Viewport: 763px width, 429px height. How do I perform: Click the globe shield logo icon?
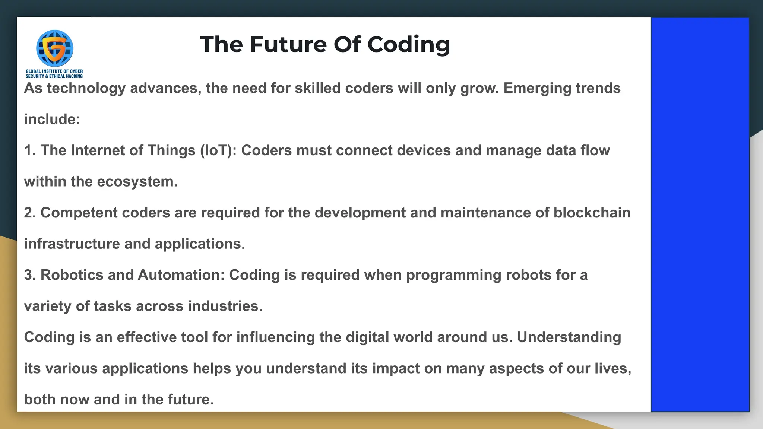coord(54,48)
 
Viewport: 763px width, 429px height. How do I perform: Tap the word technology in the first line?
coord(86,89)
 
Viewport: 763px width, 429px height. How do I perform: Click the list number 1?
coord(29,150)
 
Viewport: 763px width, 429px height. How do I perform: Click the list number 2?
coord(29,213)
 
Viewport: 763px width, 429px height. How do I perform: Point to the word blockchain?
coord(592,213)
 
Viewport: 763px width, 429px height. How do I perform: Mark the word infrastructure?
coord(72,244)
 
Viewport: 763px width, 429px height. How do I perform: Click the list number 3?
coord(29,275)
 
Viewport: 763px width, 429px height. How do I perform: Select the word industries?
coord(225,306)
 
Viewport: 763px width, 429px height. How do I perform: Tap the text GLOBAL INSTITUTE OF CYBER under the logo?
coord(54,71)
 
